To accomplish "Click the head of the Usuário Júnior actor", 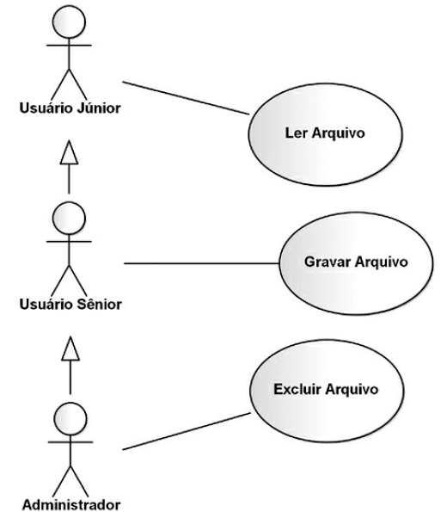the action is click(69, 22).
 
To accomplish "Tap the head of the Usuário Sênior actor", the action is click(69, 218).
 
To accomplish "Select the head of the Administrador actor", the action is click(70, 418).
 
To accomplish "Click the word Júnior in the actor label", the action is click(99, 108).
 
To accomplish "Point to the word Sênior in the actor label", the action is click(99, 304).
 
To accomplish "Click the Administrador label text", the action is click(71, 504).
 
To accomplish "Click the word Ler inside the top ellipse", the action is click(296, 133).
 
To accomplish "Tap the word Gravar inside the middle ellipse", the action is click(328, 262).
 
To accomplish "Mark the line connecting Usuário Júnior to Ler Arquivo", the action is click(186, 98).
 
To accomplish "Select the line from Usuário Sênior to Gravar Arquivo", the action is click(202, 263).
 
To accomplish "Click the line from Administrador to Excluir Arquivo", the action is click(187, 431).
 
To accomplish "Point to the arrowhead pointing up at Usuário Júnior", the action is click(69, 152).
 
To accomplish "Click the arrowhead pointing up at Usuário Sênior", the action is click(70, 349).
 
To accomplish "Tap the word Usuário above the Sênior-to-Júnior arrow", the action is click(46, 108).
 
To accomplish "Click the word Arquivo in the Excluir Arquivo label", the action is click(352, 390).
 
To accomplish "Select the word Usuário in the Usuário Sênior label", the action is click(46, 304).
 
